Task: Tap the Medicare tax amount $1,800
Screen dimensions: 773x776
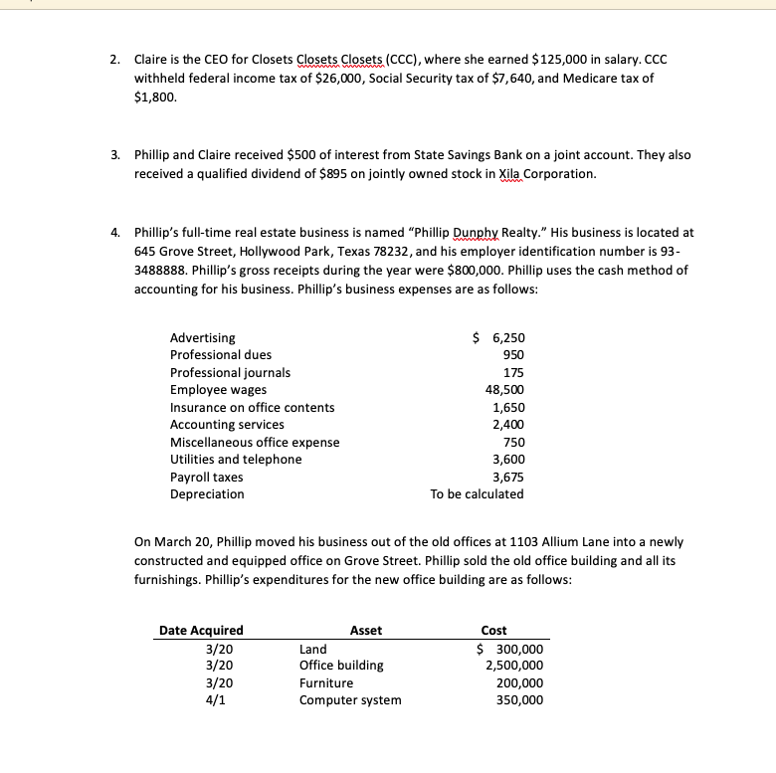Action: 153,97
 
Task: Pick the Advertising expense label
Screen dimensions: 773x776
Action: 203,338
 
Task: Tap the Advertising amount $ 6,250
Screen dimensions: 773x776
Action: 498,338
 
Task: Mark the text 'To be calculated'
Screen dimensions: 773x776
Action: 477,493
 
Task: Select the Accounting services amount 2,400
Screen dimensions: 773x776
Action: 508,425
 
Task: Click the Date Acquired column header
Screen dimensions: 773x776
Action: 201,630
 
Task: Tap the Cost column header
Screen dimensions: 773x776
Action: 493,630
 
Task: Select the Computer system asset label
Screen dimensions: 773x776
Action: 350,699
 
